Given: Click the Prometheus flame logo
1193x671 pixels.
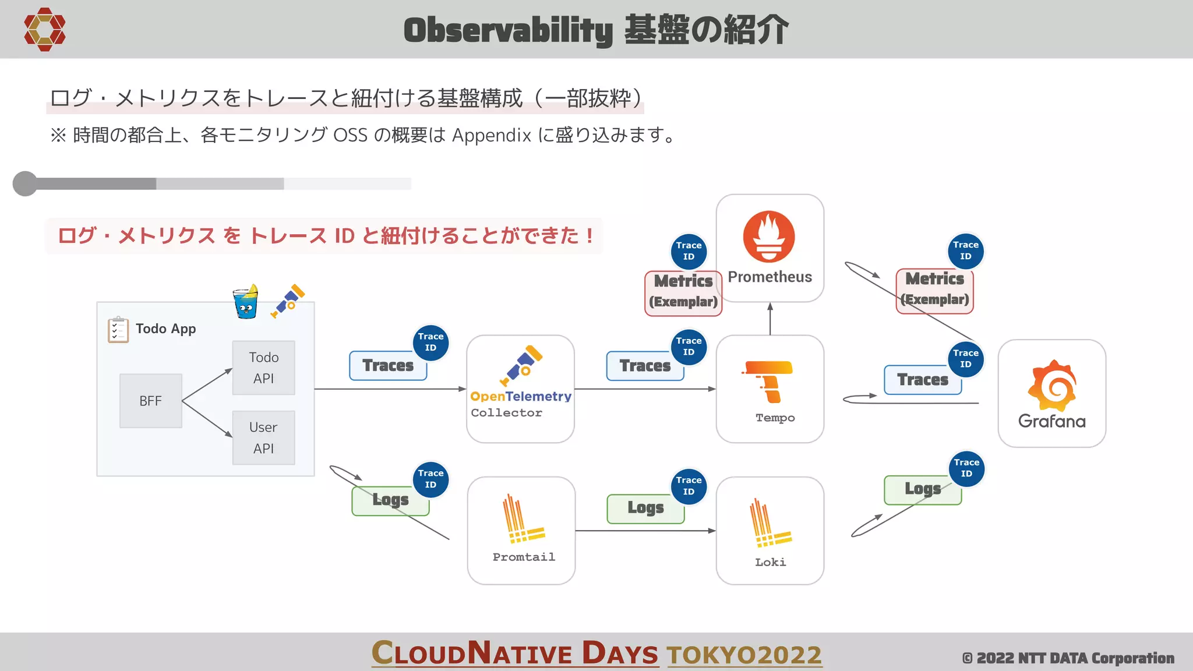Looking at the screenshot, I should click(769, 236).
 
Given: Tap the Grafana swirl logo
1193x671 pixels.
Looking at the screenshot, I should click(1052, 385).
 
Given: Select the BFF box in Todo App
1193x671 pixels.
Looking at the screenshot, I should click(151, 401).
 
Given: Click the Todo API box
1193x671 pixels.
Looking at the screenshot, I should click(263, 368).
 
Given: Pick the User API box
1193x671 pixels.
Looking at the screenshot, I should click(263, 438).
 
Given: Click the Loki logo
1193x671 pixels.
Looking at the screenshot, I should click(770, 523).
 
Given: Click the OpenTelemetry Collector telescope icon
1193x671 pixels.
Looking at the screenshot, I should click(521, 365).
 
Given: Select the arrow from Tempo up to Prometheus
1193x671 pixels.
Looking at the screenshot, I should click(770, 319).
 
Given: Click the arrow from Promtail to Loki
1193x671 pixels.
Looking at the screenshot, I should click(645, 531).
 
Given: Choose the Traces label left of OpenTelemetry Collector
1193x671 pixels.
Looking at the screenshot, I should click(388, 366).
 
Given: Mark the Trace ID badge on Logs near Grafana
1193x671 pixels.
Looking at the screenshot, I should click(966, 468).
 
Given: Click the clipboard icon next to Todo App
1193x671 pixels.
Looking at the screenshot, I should click(118, 330).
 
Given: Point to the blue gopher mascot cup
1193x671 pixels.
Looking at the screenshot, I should click(246, 302).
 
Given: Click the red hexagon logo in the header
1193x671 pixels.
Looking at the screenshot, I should click(45, 29).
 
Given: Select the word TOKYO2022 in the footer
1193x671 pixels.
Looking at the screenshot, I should click(744, 655).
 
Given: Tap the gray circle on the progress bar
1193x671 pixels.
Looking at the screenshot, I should click(25, 183).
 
